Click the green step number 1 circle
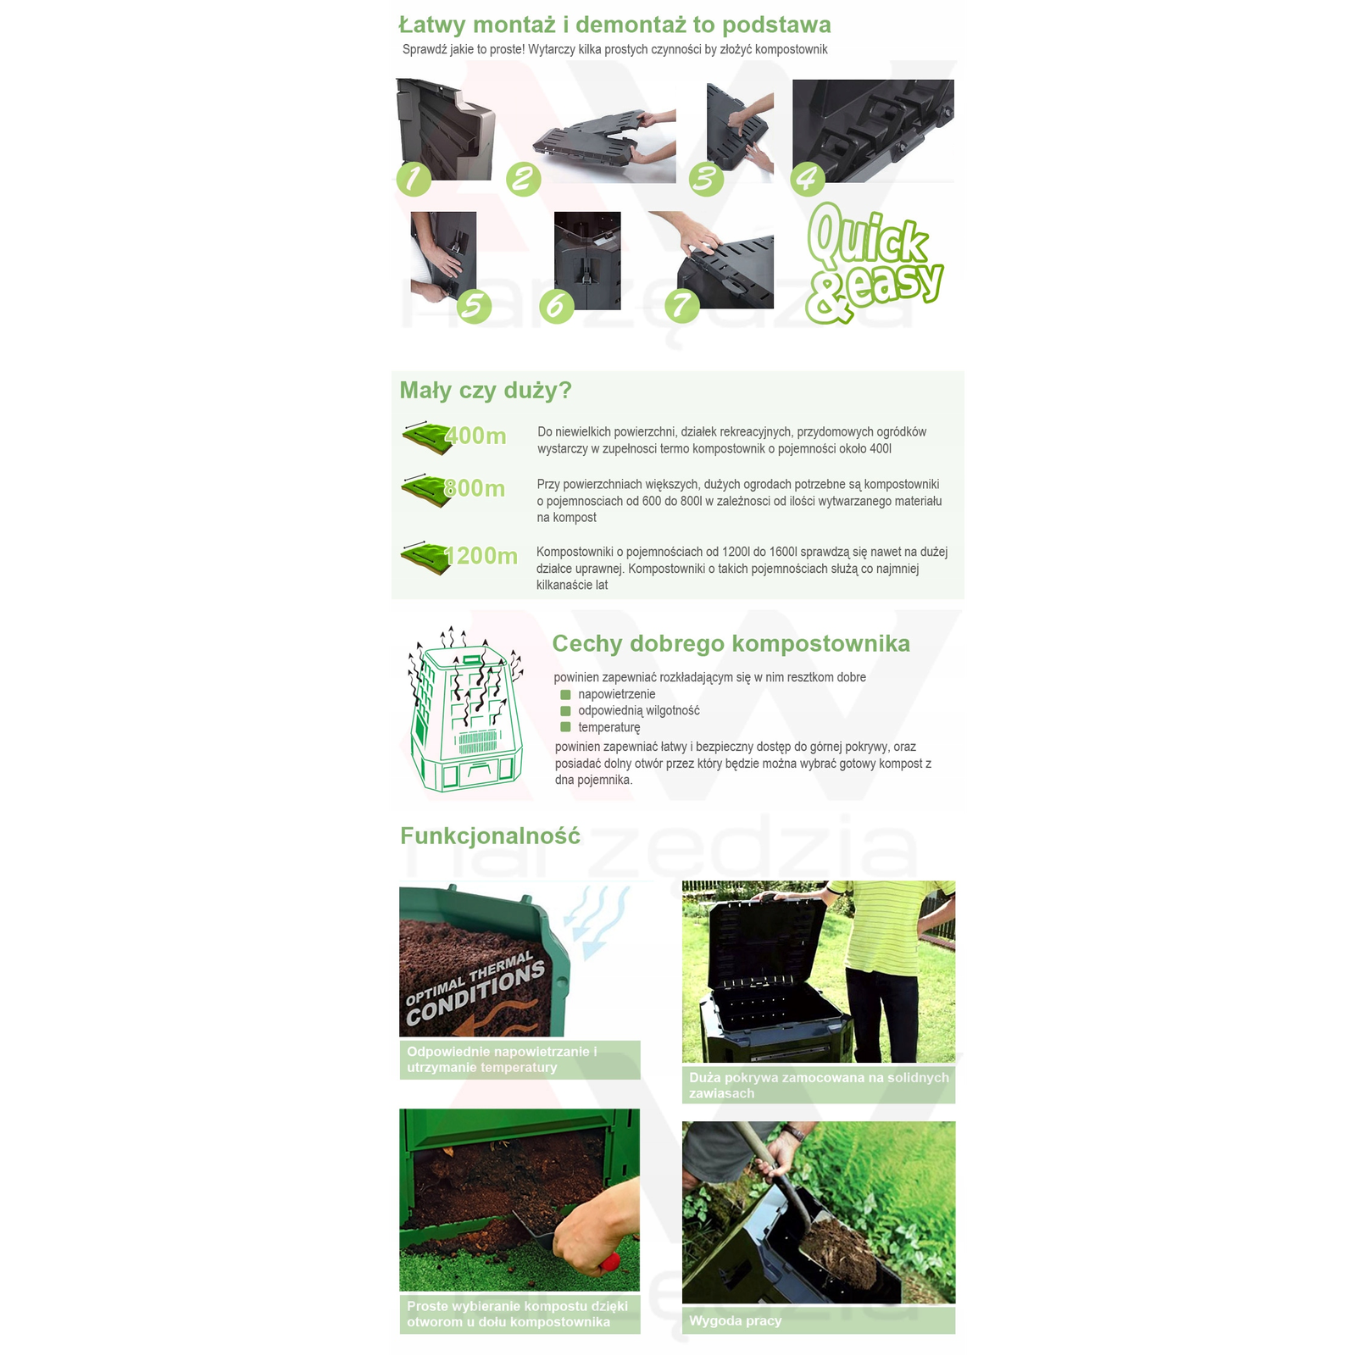[414, 179]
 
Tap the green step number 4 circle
[808, 179]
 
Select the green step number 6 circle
[556, 305]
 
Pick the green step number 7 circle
[682, 305]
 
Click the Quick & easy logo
[873, 264]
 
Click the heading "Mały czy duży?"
[486, 391]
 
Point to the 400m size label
[475, 436]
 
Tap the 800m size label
[475, 488]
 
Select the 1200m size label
[481, 556]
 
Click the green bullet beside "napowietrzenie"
[565, 695]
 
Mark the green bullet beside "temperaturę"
[565, 727]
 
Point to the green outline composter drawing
[465, 710]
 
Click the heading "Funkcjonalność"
[490, 836]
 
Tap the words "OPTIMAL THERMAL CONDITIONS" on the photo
[475, 987]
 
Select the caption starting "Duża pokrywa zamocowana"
[819, 1086]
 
